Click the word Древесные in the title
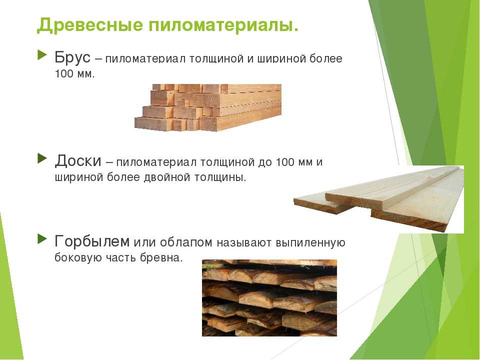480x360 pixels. [89, 25]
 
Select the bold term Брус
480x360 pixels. [72, 57]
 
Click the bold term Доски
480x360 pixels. [78, 160]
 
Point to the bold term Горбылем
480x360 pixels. [92, 241]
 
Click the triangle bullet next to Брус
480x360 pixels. [42, 55]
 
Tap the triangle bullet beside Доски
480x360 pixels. [42, 158]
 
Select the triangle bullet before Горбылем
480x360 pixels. [42, 239]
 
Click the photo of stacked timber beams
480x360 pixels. [208, 107]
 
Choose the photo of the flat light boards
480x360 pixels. [378, 199]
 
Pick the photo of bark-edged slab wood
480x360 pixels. [269, 298]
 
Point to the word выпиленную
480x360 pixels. [310, 242]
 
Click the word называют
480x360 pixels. [244, 242]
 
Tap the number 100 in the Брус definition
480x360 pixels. [63, 74]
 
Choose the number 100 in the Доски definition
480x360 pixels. [284, 162]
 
